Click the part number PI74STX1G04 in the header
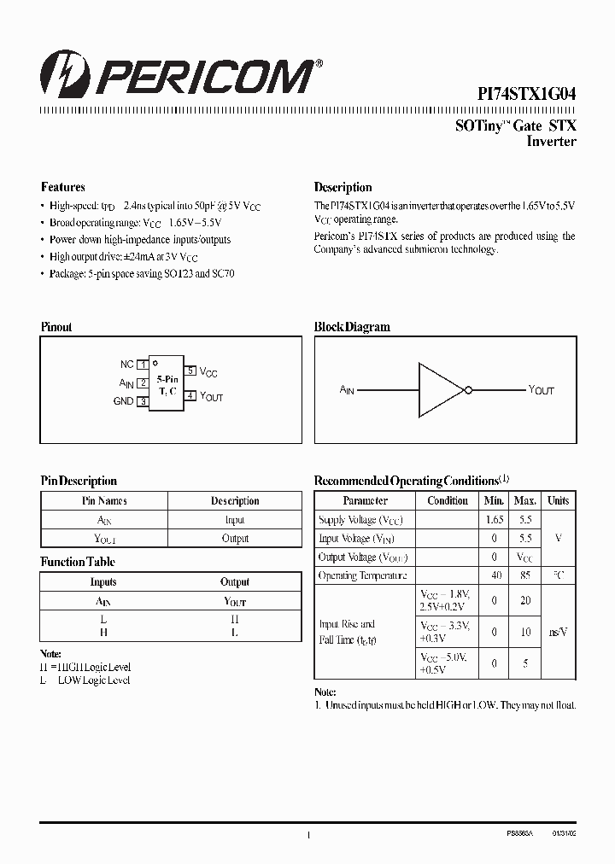(x=525, y=96)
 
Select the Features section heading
(x=63, y=187)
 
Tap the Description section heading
(x=343, y=187)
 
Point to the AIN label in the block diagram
(x=347, y=390)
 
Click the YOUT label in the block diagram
(x=542, y=390)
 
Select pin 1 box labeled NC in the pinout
(x=143, y=365)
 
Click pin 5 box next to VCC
(x=191, y=371)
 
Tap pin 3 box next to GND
(x=143, y=401)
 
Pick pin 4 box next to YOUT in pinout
(x=191, y=395)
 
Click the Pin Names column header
(x=104, y=501)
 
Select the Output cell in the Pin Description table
(x=235, y=539)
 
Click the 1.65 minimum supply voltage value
(x=495, y=520)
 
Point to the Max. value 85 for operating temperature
(x=525, y=576)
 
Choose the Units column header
(x=559, y=501)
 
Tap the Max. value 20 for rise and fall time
(x=525, y=601)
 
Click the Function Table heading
(x=78, y=562)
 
